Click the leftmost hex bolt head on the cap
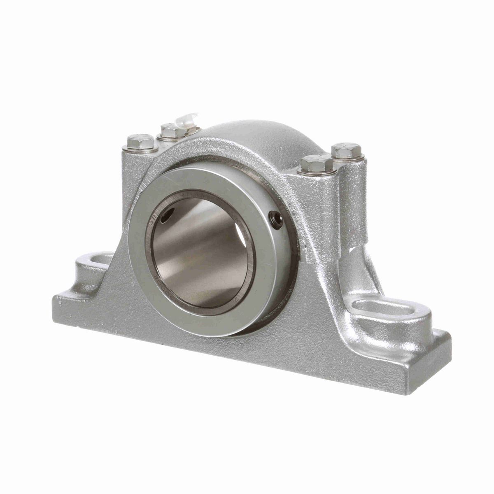point(140,142)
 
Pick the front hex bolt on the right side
point(317,164)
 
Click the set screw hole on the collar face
point(275,219)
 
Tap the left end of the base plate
point(58,305)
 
